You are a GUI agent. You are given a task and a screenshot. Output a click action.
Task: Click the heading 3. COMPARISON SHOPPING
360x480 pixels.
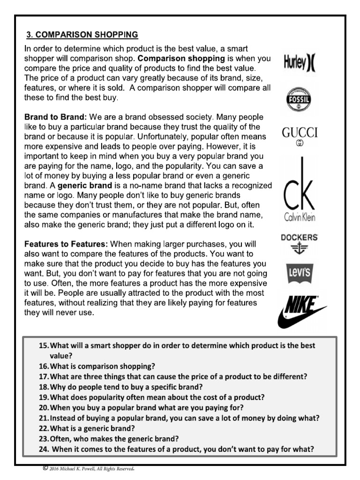pos(82,35)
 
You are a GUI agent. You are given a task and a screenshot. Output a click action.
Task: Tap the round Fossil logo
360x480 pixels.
pos(299,100)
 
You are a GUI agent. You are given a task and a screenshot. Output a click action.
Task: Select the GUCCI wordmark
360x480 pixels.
pos(300,133)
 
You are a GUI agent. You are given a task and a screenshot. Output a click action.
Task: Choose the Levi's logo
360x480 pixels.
pos(300,274)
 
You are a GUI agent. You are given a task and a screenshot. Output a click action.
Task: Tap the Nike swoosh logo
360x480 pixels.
pos(299,310)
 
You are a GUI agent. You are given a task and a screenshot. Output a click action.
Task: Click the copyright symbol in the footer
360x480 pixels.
pos(45,467)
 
